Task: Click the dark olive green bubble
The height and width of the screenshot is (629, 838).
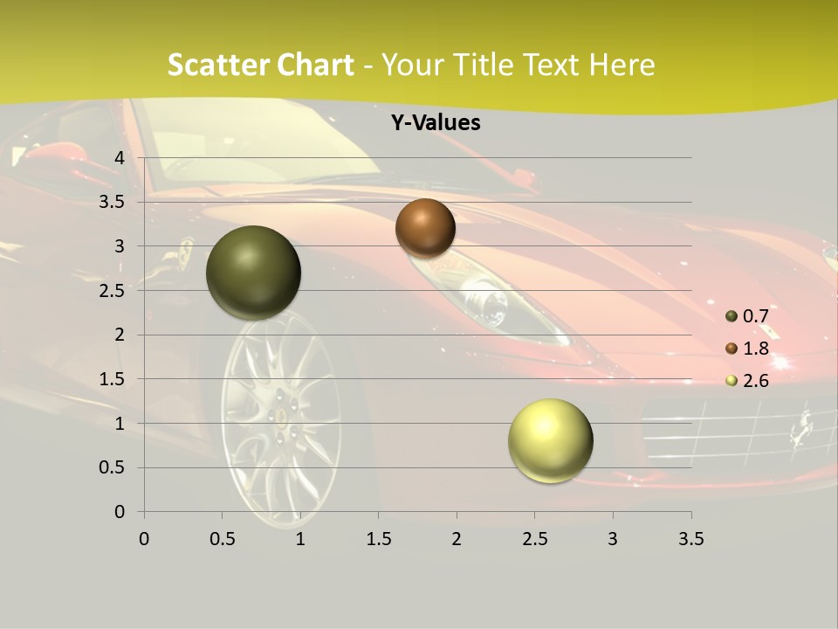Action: [x=254, y=273]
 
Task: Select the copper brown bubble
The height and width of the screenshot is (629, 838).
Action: [x=425, y=228]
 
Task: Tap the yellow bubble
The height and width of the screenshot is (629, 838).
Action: [x=550, y=440]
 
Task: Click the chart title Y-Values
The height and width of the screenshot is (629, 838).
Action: [x=436, y=123]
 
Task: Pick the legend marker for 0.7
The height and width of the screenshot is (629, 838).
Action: [x=732, y=316]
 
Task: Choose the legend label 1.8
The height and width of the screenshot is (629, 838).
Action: [x=755, y=349]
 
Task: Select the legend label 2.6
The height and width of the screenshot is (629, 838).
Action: [x=755, y=381]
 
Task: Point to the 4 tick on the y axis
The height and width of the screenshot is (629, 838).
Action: [x=120, y=157]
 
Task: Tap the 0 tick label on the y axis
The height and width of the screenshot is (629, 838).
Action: [x=120, y=512]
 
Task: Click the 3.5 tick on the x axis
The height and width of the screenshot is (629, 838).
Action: [x=691, y=539]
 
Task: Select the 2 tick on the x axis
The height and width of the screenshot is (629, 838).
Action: [x=457, y=539]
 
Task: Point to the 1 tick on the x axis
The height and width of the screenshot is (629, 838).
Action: [x=300, y=539]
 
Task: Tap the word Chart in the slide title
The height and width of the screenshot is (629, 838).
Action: [x=315, y=65]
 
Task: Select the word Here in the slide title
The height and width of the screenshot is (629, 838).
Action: [x=622, y=65]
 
